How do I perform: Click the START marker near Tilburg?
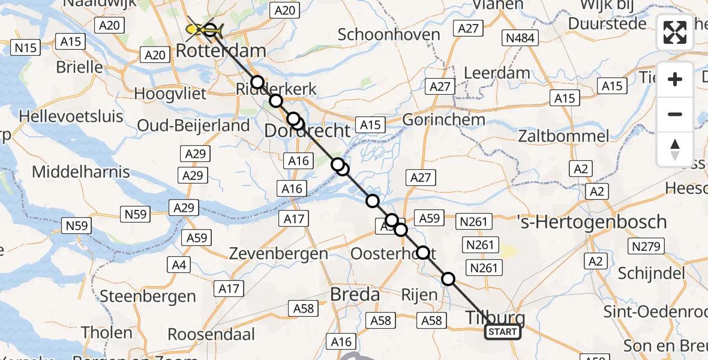point(503,332)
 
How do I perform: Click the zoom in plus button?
point(675,79)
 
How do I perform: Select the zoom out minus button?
point(675,114)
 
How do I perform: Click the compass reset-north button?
point(675,149)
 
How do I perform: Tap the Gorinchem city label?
point(443,119)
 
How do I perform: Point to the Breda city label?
point(355,295)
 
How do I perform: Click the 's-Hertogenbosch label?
point(592,221)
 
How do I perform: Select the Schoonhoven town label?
point(389,34)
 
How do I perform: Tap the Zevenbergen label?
point(279,253)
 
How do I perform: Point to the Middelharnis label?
point(80,172)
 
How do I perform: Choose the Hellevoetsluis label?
point(71,116)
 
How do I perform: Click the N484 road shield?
point(521,38)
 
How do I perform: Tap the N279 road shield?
point(646,246)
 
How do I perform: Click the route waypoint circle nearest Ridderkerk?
point(257,82)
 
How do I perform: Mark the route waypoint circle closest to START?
point(448,278)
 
